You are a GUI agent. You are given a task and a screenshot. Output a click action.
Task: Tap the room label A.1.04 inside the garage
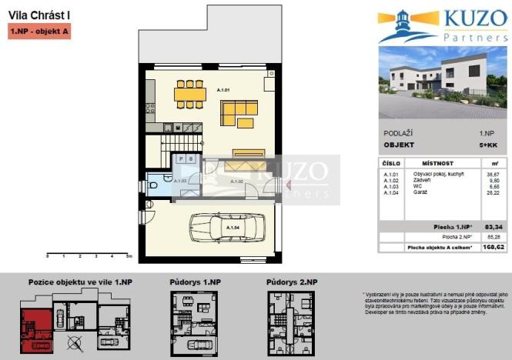[232, 228]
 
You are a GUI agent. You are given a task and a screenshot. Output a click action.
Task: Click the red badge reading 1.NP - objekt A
[39, 32]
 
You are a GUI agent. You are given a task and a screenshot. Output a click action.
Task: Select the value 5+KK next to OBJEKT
[487, 145]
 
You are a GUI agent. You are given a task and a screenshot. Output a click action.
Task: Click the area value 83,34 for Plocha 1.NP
[487, 227]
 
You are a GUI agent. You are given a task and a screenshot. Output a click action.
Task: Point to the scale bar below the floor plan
[89, 255]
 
